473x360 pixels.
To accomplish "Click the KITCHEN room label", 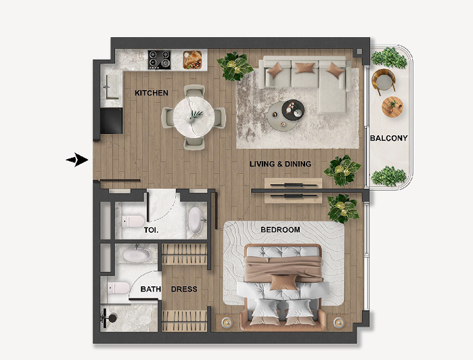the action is click(x=152, y=93).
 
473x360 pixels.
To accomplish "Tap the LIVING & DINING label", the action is click(x=280, y=164).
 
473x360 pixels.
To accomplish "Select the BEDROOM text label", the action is click(x=280, y=229).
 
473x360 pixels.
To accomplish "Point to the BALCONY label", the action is click(x=389, y=138).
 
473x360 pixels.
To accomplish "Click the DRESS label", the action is click(x=184, y=289).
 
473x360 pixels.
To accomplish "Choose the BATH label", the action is click(x=150, y=289).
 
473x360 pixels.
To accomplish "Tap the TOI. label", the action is click(x=151, y=230).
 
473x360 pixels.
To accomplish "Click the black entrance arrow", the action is click(x=77, y=160).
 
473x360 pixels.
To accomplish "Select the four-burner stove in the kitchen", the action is click(x=159, y=60).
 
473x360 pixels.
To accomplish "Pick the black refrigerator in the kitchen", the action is click(x=111, y=120).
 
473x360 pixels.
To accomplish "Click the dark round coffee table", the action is click(x=293, y=110).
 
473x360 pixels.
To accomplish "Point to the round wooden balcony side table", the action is click(x=392, y=107).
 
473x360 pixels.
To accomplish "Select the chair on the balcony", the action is click(x=384, y=80).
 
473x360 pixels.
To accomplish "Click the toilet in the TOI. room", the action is click(x=133, y=221).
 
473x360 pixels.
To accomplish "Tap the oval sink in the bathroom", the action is click(x=136, y=255).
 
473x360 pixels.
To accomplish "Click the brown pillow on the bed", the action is click(x=284, y=282).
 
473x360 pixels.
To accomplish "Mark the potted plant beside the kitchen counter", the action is click(x=235, y=66).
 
